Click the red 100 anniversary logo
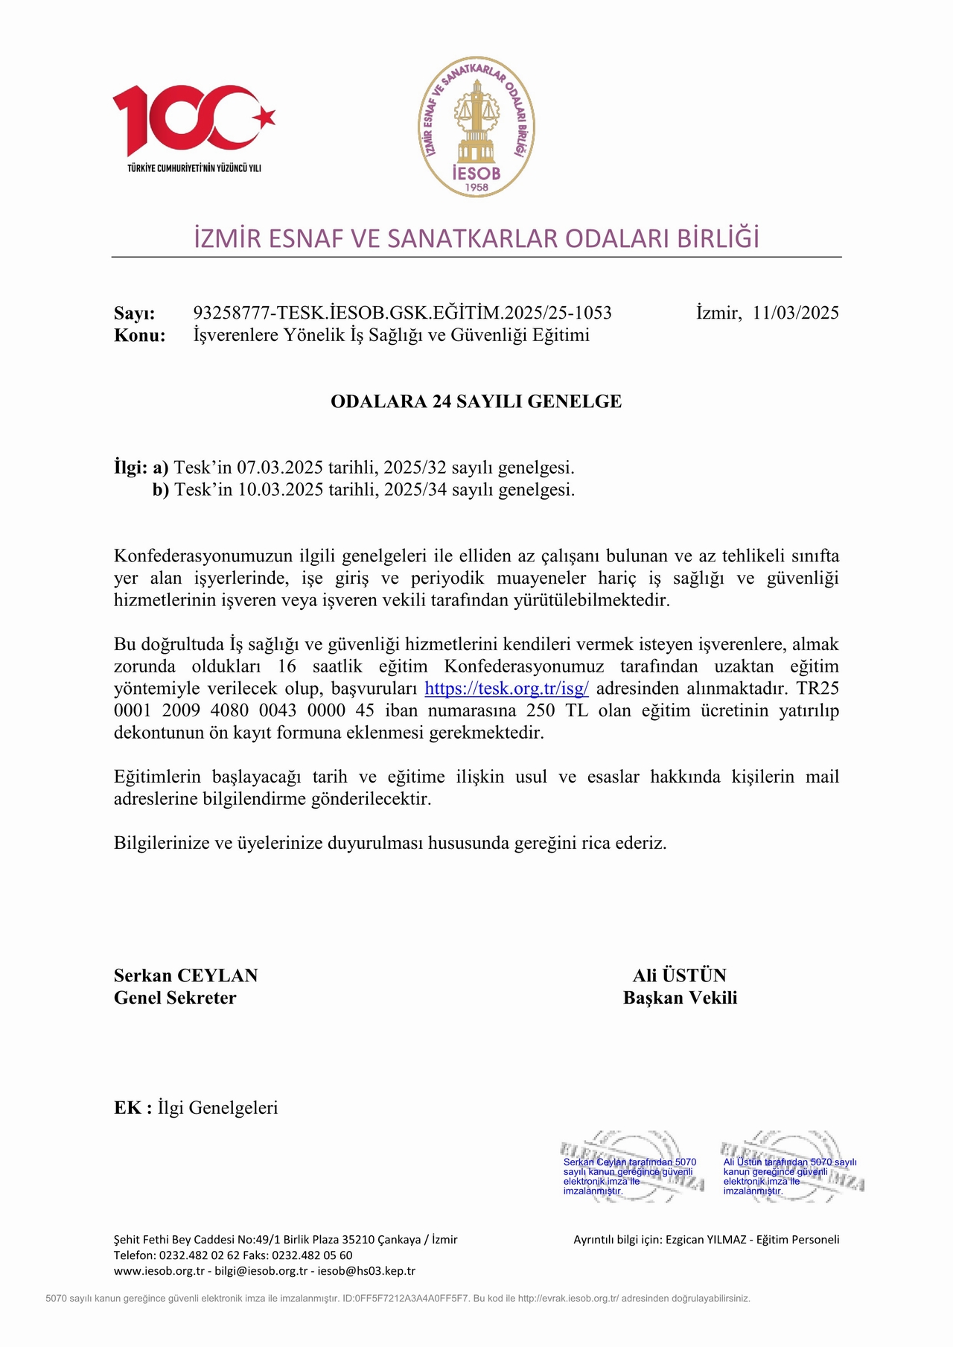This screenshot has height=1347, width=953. [x=194, y=123]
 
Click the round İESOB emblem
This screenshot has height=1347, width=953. [x=476, y=127]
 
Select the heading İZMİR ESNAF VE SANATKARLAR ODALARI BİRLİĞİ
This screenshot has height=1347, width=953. [x=476, y=238]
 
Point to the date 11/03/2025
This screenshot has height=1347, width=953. [x=795, y=313]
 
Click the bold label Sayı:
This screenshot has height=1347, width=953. [x=135, y=313]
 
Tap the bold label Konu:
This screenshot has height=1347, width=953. [x=140, y=335]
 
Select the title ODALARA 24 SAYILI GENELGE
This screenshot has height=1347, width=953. [x=476, y=401]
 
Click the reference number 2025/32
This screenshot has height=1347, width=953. [x=415, y=468]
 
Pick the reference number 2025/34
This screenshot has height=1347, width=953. [x=415, y=490]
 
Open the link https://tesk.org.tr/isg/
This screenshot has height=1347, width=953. [x=506, y=688]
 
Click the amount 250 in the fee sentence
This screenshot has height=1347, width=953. [x=541, y=710]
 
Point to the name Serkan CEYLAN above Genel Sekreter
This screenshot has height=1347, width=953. [x=186, y=975]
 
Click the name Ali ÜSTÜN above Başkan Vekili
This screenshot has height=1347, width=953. [x=680, y=975]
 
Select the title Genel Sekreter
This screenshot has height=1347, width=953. [x=175, y=998]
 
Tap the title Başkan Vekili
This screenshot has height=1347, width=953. [x=680, y=998]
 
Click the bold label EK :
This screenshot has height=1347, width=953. [x=133, y=1108]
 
